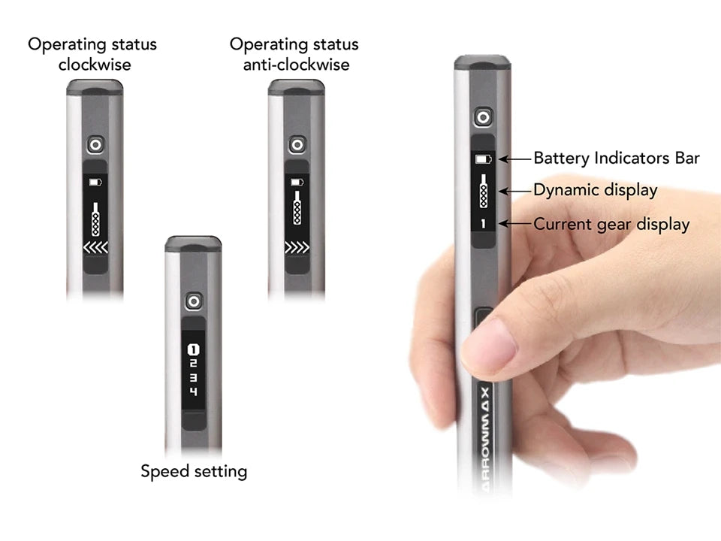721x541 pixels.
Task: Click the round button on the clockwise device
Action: pos(95,145)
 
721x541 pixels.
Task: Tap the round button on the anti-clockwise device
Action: pos(297,145)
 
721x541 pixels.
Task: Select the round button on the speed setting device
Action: pos(194,301)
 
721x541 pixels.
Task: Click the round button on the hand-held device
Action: pos(483,117)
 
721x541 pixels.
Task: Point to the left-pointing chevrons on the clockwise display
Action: pos(95,247)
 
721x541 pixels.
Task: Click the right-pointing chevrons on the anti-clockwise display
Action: pos(297,247)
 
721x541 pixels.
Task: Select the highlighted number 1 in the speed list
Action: pos(194,349)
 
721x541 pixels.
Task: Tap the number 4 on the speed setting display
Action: pos(194,391)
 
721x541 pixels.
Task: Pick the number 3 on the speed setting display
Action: pos(194,378)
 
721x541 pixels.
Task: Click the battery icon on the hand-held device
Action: pos(483,159)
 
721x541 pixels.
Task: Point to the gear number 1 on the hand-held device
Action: pos(483,224)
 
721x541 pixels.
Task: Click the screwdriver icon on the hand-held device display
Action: pos(483,190)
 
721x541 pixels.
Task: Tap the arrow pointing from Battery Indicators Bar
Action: pos(515,159)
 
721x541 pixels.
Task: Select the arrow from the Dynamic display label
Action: pos(515,190)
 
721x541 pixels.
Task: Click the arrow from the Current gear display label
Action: pos(515,224)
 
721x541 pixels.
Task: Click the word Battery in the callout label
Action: pos(562,159)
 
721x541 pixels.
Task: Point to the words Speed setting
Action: pos(194,472)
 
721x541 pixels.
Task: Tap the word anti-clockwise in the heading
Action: pos(296,65)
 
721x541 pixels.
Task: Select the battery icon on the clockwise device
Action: pos(95,182)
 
